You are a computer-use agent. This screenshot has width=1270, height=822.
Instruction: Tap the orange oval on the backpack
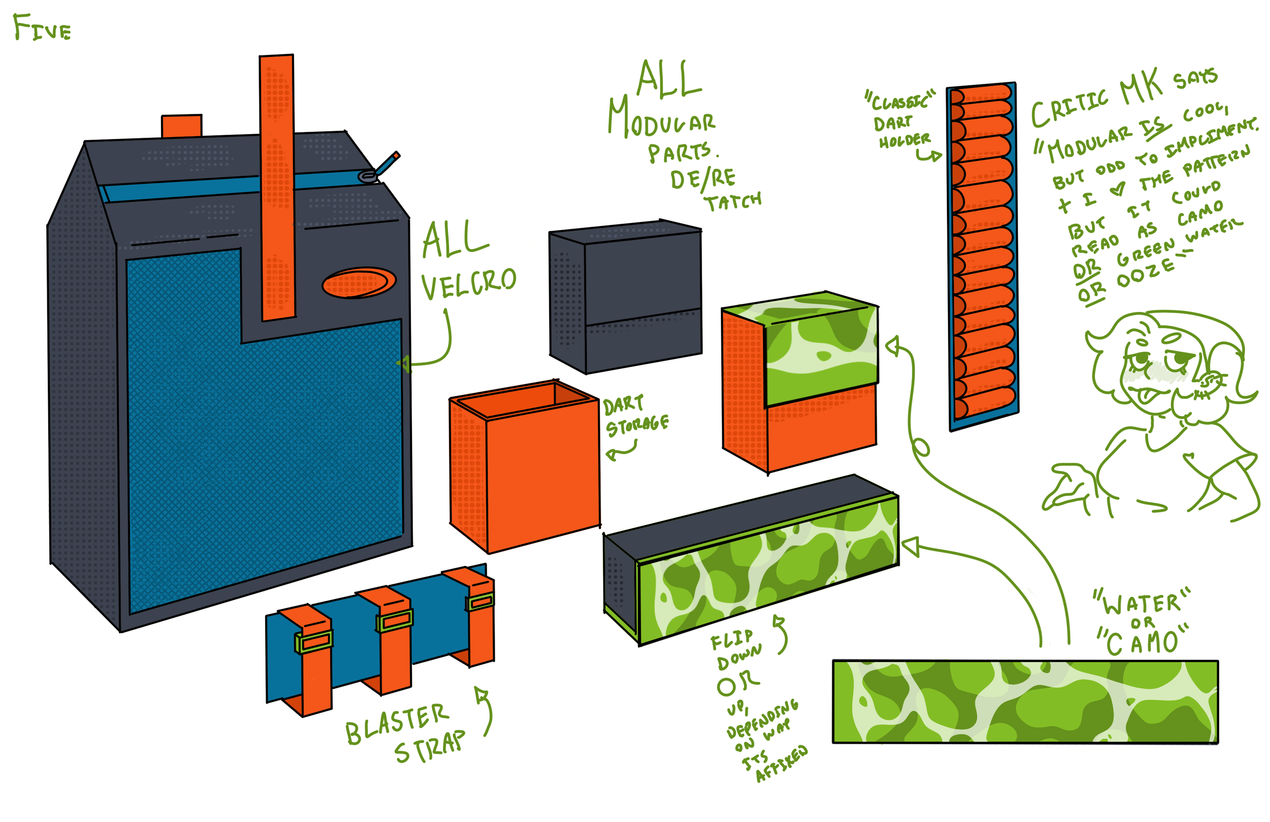tap(359, 282)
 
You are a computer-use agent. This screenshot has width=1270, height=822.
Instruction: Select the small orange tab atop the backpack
tap(181, 127)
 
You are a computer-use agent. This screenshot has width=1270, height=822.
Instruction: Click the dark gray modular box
tap(625, 296)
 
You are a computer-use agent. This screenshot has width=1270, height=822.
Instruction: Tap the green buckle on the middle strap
tap(394, 620)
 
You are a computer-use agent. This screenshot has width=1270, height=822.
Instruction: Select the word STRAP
tap(430, 747)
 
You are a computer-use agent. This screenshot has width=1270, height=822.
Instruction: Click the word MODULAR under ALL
tap(662, 120)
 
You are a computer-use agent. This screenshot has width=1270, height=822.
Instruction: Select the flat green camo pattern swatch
tap(1025, 702)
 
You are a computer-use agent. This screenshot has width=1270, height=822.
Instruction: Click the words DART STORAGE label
tap(635, 417)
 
